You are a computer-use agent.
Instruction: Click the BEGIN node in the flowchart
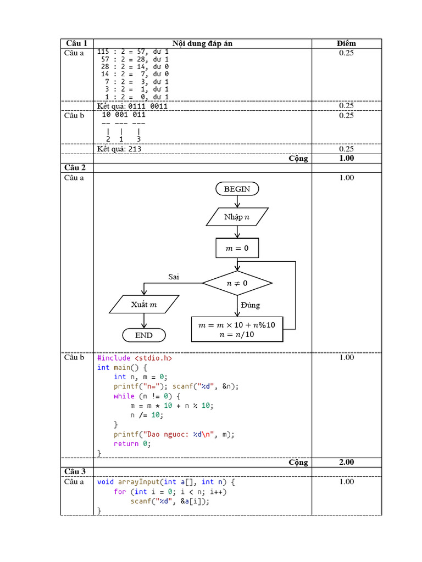(237, 189)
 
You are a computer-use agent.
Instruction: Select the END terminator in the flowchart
(144, 335)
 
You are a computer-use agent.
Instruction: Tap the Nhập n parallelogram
(237, 217)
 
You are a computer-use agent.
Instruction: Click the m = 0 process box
(237, 249)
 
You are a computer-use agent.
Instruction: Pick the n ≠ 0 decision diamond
(237, 284)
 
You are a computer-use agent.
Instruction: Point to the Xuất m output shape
(144, 305)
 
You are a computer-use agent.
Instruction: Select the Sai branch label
(174, 277)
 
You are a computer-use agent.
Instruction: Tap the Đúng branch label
(250, 305)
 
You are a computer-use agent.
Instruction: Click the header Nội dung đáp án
(202, 43)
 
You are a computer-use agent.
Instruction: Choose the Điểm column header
(346, 43)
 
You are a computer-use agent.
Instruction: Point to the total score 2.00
(346, 462)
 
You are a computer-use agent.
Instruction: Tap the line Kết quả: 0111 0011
(132, 106)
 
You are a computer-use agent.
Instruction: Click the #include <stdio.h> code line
(135, 358)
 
